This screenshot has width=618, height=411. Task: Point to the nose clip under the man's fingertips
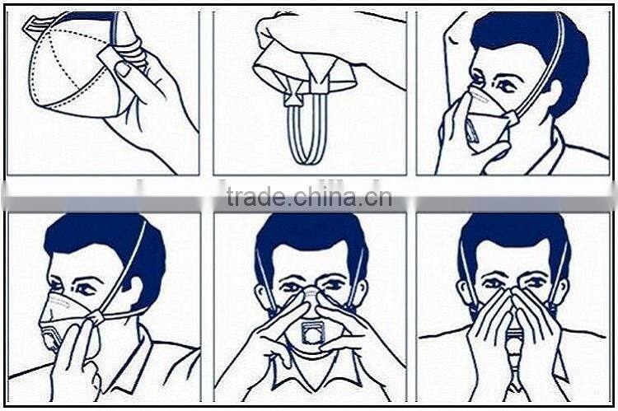pyautogui.click(x=311, y=292)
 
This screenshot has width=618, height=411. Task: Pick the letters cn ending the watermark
pyautogui.click(x=381, y=198)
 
